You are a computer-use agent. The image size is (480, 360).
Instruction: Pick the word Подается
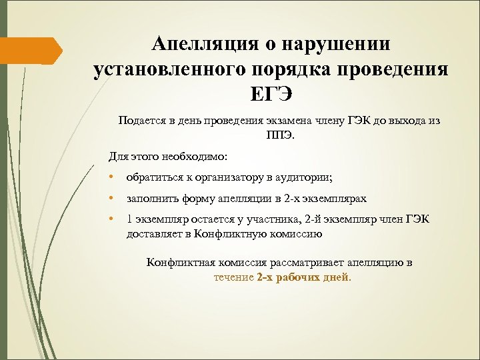tap(141, 121)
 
